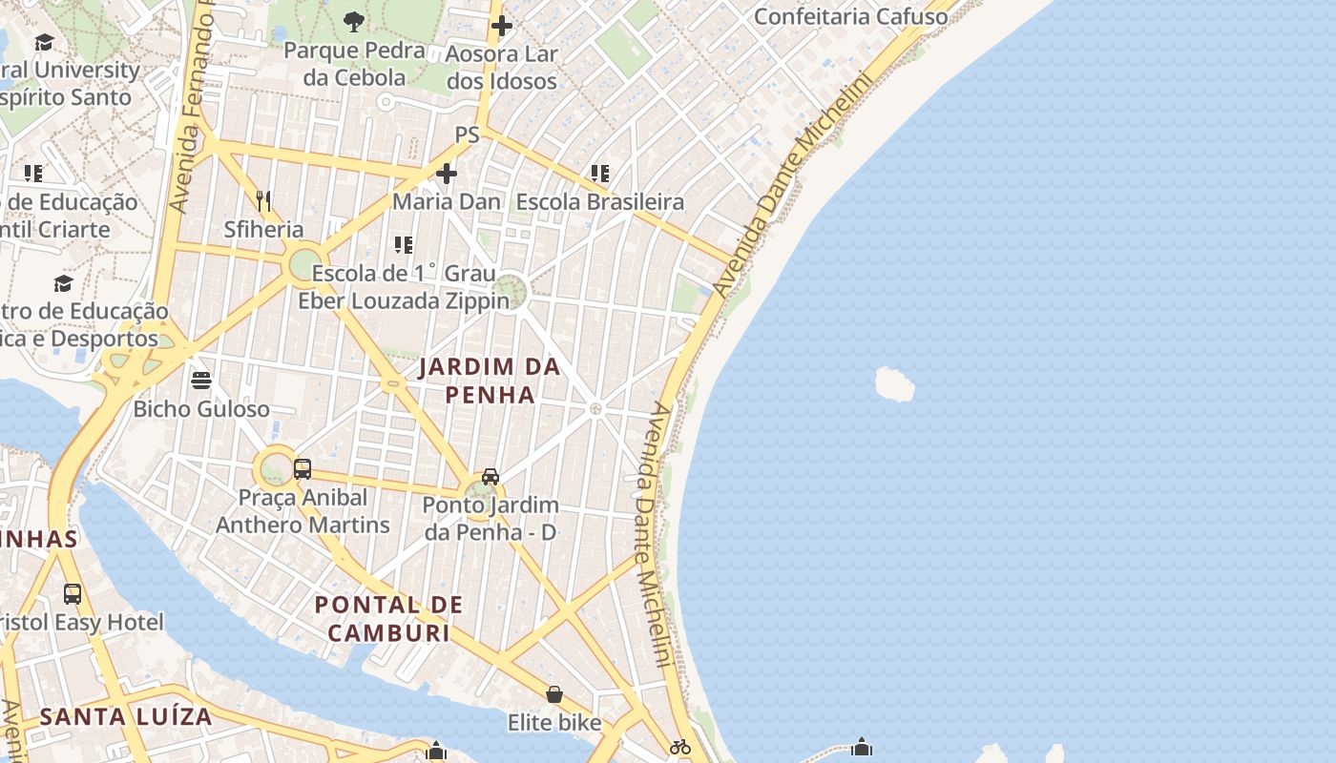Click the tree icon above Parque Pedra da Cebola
point(354,21)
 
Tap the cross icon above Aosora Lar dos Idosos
point(502,26)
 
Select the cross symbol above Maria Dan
point(447,174)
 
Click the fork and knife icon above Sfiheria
point(263,200)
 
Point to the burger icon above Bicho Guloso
point(201,381)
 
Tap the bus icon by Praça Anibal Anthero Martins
point(303,468)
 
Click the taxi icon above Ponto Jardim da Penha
point(491,476)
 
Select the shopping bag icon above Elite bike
point(554,694)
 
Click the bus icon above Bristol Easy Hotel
point(73,594)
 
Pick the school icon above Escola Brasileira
point(600,174)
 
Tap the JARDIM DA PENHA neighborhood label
point(490,381)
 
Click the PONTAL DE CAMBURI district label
point(388,618)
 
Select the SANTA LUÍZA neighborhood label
point(125,716)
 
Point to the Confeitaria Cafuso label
point(850,16)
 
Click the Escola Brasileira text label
point(600,202)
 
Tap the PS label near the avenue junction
point(467,135)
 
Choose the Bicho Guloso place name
point(201,409)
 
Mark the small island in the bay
point(894,384)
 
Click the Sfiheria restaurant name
point(263,230)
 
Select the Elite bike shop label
point(554,723)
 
